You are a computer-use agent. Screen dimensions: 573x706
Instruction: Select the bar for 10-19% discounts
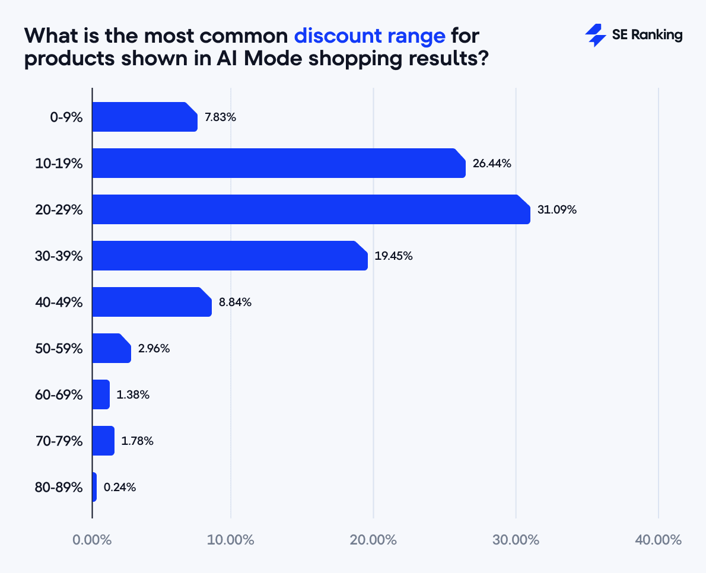point(278,163)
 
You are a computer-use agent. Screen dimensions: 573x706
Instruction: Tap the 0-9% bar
point(145,117)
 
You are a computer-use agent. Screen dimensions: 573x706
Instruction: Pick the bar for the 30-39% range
point(230,256)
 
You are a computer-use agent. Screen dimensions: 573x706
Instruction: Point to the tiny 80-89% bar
point(94,487)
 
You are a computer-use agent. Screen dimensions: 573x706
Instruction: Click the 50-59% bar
point(112,348)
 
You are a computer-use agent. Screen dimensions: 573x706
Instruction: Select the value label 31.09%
point(557,209)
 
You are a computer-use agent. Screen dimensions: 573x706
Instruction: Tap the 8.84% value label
point(235,302)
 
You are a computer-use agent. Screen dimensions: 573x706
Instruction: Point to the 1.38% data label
point(133,394)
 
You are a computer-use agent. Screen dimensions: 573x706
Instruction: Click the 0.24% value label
point(120,487)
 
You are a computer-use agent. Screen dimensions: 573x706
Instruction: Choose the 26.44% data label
point(492,163)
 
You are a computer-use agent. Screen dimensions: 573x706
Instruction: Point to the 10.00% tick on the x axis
point(231,540)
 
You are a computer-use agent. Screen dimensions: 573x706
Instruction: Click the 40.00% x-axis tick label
point(658,540)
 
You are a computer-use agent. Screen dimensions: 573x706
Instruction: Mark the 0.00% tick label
point(92,540)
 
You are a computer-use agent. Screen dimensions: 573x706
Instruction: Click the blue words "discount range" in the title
point(370,36)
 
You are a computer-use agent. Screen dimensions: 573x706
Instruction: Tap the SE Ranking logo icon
point(595,36)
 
